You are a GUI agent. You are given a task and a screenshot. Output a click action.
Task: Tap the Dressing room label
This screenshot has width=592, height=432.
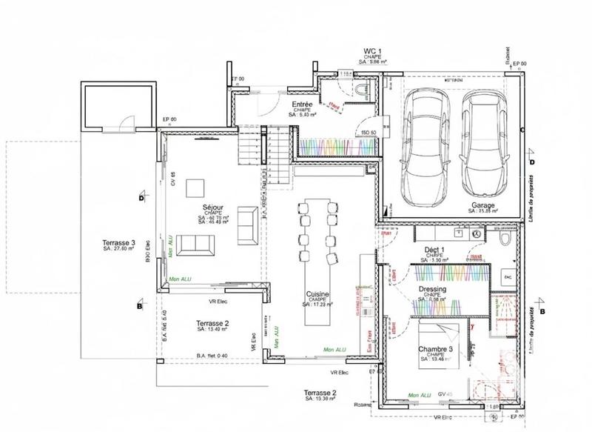pyautogui.click(x=431, y=289)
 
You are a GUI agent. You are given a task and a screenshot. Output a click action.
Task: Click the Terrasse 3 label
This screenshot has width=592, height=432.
pyautogui.click(x=118, y=243)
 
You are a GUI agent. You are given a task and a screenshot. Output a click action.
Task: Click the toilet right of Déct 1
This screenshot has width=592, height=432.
pyautogui.click(x=503, y=240)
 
